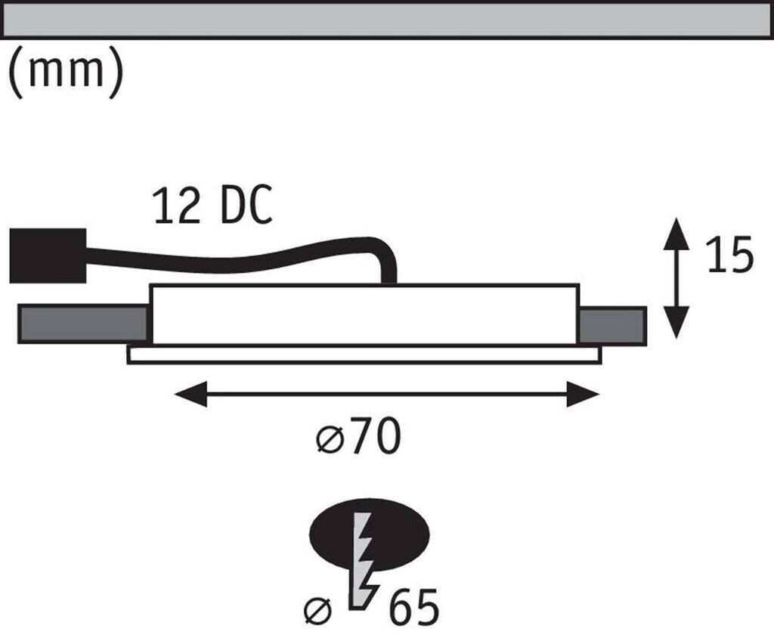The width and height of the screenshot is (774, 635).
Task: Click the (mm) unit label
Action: pyautogui.click(x=66, y=73)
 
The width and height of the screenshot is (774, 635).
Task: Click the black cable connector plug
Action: pyautogui.click(x=47, y=256)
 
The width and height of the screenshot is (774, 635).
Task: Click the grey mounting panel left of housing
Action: pyautogui.click(x=83, y=324)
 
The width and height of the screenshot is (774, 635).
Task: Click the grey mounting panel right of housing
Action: pyautogui.click(x=612, y=326)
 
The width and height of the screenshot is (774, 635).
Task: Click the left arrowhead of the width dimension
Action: pyautogui.click(x=189, y=394)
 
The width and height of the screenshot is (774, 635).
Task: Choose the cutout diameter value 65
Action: pyautogui.click(x=413, y=607)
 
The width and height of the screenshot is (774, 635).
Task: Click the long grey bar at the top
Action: pyautogui.click(x=387, y=19)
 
